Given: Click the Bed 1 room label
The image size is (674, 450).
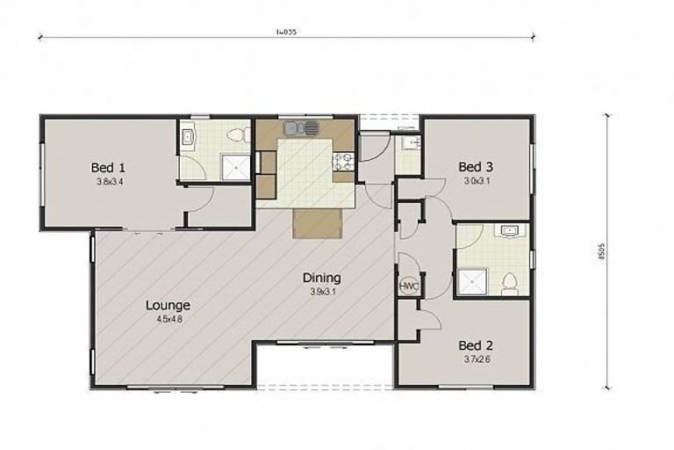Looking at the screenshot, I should [110, 167].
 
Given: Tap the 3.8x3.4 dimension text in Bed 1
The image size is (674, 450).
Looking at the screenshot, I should [110, 182].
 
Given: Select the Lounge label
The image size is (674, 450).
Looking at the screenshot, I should [168, 305].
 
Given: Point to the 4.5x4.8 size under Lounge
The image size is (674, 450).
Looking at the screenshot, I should [168, 320].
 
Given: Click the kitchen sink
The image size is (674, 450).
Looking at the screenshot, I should [301, 129].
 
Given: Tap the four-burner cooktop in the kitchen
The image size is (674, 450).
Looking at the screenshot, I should [343, 161].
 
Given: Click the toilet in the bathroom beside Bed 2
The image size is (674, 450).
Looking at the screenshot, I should [510, 283].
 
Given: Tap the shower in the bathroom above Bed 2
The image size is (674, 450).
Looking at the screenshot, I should [471, 281].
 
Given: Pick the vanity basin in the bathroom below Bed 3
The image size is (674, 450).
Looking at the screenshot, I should [510, 232].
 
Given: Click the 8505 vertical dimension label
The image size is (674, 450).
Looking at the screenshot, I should [624, 252].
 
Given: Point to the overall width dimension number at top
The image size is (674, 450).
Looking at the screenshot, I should [286, 32].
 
